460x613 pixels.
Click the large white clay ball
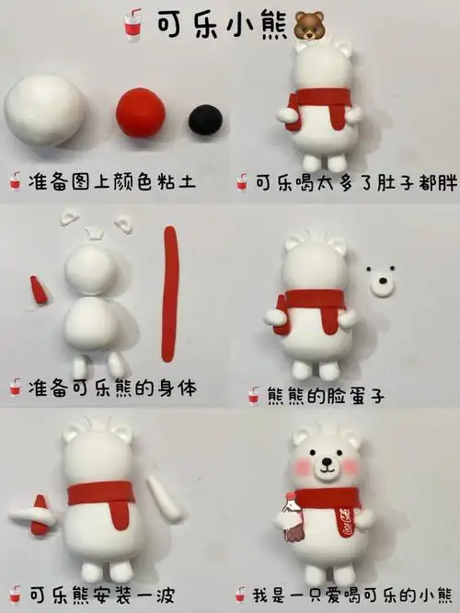coord(43,110)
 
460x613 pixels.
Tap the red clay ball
coord(141,113)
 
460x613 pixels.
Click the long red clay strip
coord(168,294)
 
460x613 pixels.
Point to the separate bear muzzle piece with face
coord(381,281)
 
